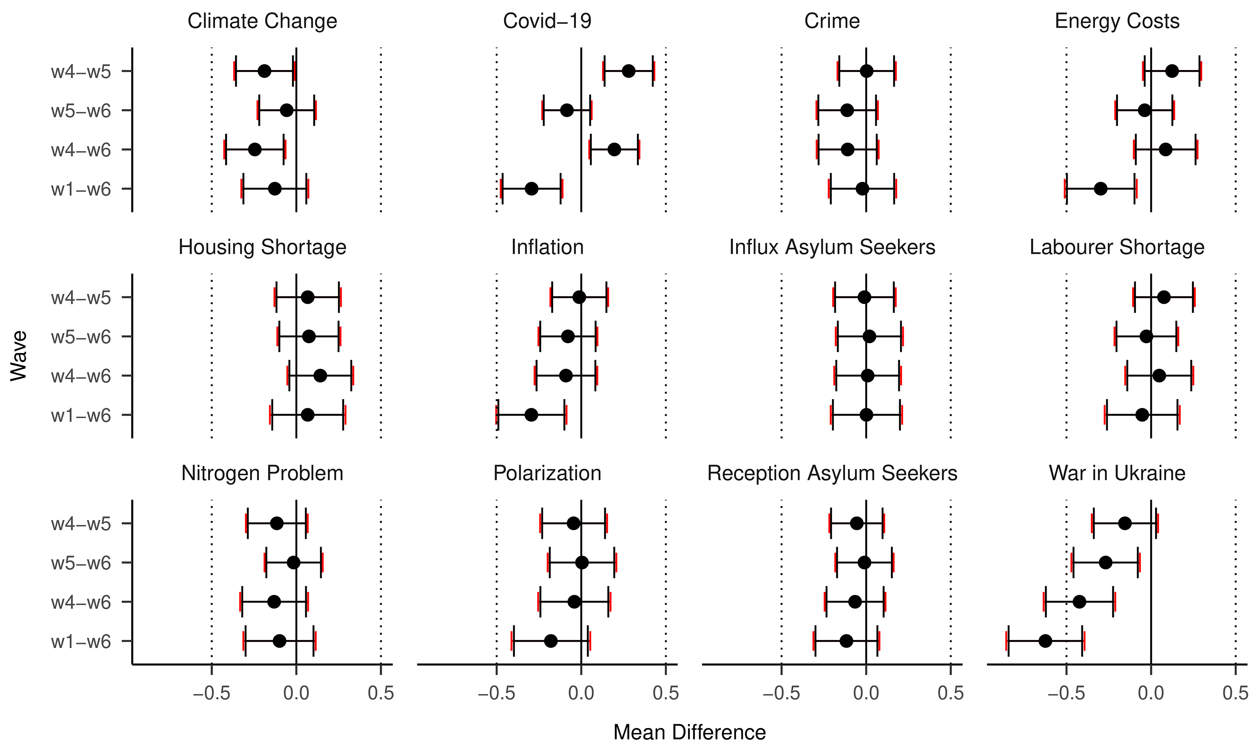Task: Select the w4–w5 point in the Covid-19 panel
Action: click(628, 71)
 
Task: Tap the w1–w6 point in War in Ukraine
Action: click(1045, 641)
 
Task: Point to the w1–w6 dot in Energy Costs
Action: click(1101, 189)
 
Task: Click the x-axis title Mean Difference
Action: click(689, 732)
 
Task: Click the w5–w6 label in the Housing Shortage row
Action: click(81, 336)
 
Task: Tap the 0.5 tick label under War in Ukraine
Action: click(1235, 693)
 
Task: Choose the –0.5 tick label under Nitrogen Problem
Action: click(212, 693)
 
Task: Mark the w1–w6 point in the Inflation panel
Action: click(531, 415)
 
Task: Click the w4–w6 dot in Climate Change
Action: click(255, 149)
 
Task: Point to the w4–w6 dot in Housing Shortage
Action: click(320, 375)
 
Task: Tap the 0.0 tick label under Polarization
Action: click(581, 693)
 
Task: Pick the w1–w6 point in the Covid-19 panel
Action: click(531, 189)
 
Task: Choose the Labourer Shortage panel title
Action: click(1117, 247)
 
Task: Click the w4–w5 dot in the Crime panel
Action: click(866, 71)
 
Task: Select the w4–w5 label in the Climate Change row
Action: click(81, 71)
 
